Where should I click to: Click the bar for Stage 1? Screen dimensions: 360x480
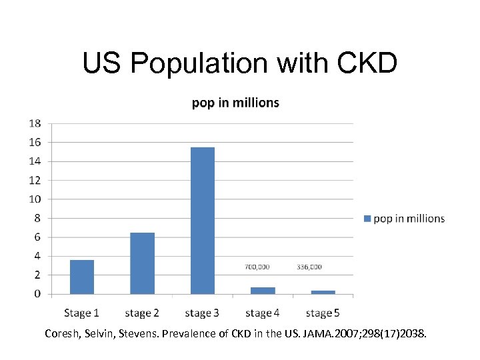click(x=81, y=277)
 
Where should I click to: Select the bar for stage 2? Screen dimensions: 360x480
click(x=142, y=263)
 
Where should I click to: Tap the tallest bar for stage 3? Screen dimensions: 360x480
click(x=203, y=220)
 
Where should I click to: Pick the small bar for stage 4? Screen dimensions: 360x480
click(x=263, y=290)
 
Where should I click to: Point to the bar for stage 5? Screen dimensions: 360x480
click(x=323, y=292)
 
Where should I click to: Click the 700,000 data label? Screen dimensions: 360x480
click(x=257, y=267)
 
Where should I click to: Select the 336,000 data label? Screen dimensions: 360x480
click(x=309, y=267)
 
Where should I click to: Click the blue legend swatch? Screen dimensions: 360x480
click(x=367, y=219)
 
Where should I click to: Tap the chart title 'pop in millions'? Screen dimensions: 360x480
click(x=235, y=103)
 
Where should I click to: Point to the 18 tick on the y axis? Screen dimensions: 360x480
click(x=34, y=123)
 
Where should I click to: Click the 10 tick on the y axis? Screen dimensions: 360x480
click(x=34, y=199)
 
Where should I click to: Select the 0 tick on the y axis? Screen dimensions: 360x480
click(x=37, y=294)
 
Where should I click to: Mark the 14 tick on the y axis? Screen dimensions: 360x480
click(x=34, y=161)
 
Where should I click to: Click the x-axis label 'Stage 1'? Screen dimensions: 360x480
click(x=81, y=313)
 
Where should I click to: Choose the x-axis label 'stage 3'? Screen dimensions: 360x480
click(x=202, y=313)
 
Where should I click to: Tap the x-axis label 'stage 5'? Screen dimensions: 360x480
click(x=323, y=313)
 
